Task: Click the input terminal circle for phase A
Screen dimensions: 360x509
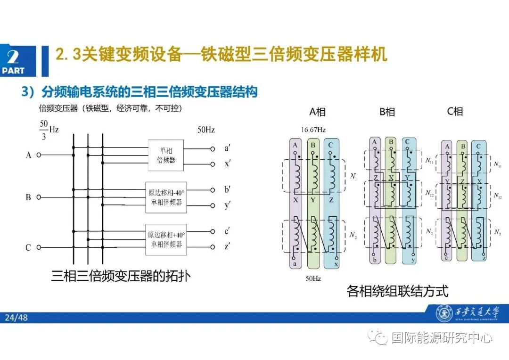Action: [39, 155]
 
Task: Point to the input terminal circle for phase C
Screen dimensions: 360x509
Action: [39, 247]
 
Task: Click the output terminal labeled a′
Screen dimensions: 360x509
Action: [213, 148]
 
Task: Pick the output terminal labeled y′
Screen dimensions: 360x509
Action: [213, 205]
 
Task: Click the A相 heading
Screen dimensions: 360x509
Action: [317, 112]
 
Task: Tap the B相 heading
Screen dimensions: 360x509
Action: [387, 112]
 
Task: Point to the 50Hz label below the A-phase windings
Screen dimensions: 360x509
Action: [313, 279]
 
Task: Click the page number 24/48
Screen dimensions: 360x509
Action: [16, 318]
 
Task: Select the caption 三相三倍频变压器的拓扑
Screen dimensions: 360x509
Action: [121, 276]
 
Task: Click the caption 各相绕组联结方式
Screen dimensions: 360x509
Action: [397, 291]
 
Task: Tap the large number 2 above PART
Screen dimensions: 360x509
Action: [13, 57]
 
